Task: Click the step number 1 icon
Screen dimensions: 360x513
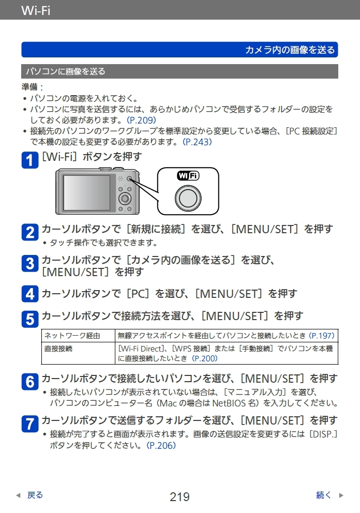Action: click(30, 160)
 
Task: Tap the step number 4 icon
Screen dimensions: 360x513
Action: click(30, 294)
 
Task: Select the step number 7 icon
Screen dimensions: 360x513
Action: click(30, 424)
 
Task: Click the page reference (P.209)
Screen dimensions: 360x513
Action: click(141, 120)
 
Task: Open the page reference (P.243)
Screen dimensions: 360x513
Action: click(197, 142)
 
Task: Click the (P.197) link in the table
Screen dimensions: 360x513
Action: click(322, 336)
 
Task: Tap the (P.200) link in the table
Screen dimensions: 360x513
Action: click(204, 358)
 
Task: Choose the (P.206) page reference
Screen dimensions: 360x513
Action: click(161, 445)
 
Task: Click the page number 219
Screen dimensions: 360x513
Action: click(179, 496)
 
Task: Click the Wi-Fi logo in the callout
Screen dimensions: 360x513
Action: click(188, 176)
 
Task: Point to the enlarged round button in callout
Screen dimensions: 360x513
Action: click(188, 198)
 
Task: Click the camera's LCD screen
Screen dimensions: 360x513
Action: click(87, 192)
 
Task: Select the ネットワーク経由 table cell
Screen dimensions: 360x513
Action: click(78, 336)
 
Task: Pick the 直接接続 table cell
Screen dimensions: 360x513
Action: click(78, 353)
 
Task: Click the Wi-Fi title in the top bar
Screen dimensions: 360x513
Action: click(36, 10)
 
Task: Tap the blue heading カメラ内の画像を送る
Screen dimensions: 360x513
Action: click(290, 50)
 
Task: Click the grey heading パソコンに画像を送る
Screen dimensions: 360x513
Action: click(66, 71)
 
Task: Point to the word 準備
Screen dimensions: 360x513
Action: click(29, 87)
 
